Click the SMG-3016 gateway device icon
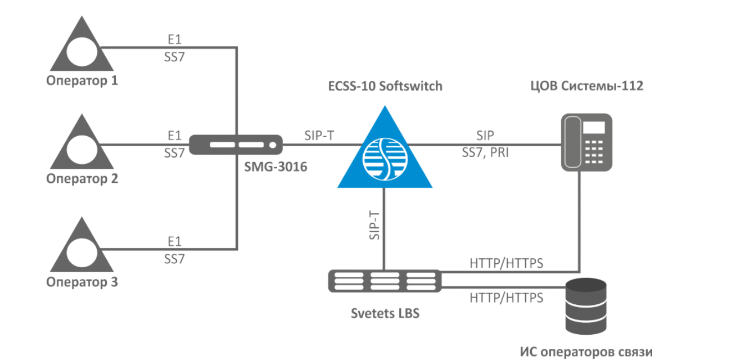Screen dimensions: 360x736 coord(235,145)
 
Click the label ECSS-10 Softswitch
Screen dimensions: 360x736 coord(385,86)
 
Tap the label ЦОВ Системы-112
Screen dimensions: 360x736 coord(587,86)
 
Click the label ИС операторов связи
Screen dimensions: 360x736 coord(586,352)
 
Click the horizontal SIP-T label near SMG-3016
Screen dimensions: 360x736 coord(320,136)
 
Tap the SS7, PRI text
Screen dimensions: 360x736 coord(484,152)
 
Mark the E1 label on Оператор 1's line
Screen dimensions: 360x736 coord(175,39)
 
